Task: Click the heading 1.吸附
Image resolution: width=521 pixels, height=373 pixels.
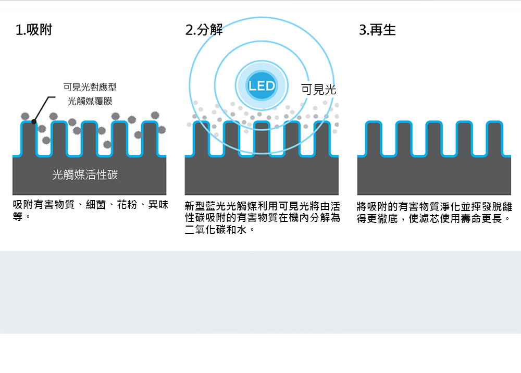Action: click(34, 30)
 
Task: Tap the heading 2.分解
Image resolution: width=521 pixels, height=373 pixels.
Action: click(204, 30)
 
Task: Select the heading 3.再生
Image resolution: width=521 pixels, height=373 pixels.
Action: click(377, 30)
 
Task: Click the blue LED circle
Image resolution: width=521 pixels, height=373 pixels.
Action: click(262, 85)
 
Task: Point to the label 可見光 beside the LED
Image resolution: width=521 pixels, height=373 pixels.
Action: click(318, 90)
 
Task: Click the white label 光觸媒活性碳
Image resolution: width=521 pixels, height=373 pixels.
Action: click(85, 175)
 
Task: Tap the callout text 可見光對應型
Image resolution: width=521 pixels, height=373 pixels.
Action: click(90, 88)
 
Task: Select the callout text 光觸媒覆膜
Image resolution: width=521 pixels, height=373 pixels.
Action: click(90, 101)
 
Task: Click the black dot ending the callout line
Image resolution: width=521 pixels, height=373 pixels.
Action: click(34, 122)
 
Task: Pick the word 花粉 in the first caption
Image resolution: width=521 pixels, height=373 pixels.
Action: click(127, 205)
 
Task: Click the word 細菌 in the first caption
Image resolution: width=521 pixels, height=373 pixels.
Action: click(96, 205)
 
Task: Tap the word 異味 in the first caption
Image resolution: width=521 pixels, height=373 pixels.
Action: click(158, 205)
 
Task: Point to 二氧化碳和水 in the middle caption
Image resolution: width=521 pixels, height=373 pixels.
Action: click(216, 230)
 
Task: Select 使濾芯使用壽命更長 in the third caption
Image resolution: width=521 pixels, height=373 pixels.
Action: click(455, 219)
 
